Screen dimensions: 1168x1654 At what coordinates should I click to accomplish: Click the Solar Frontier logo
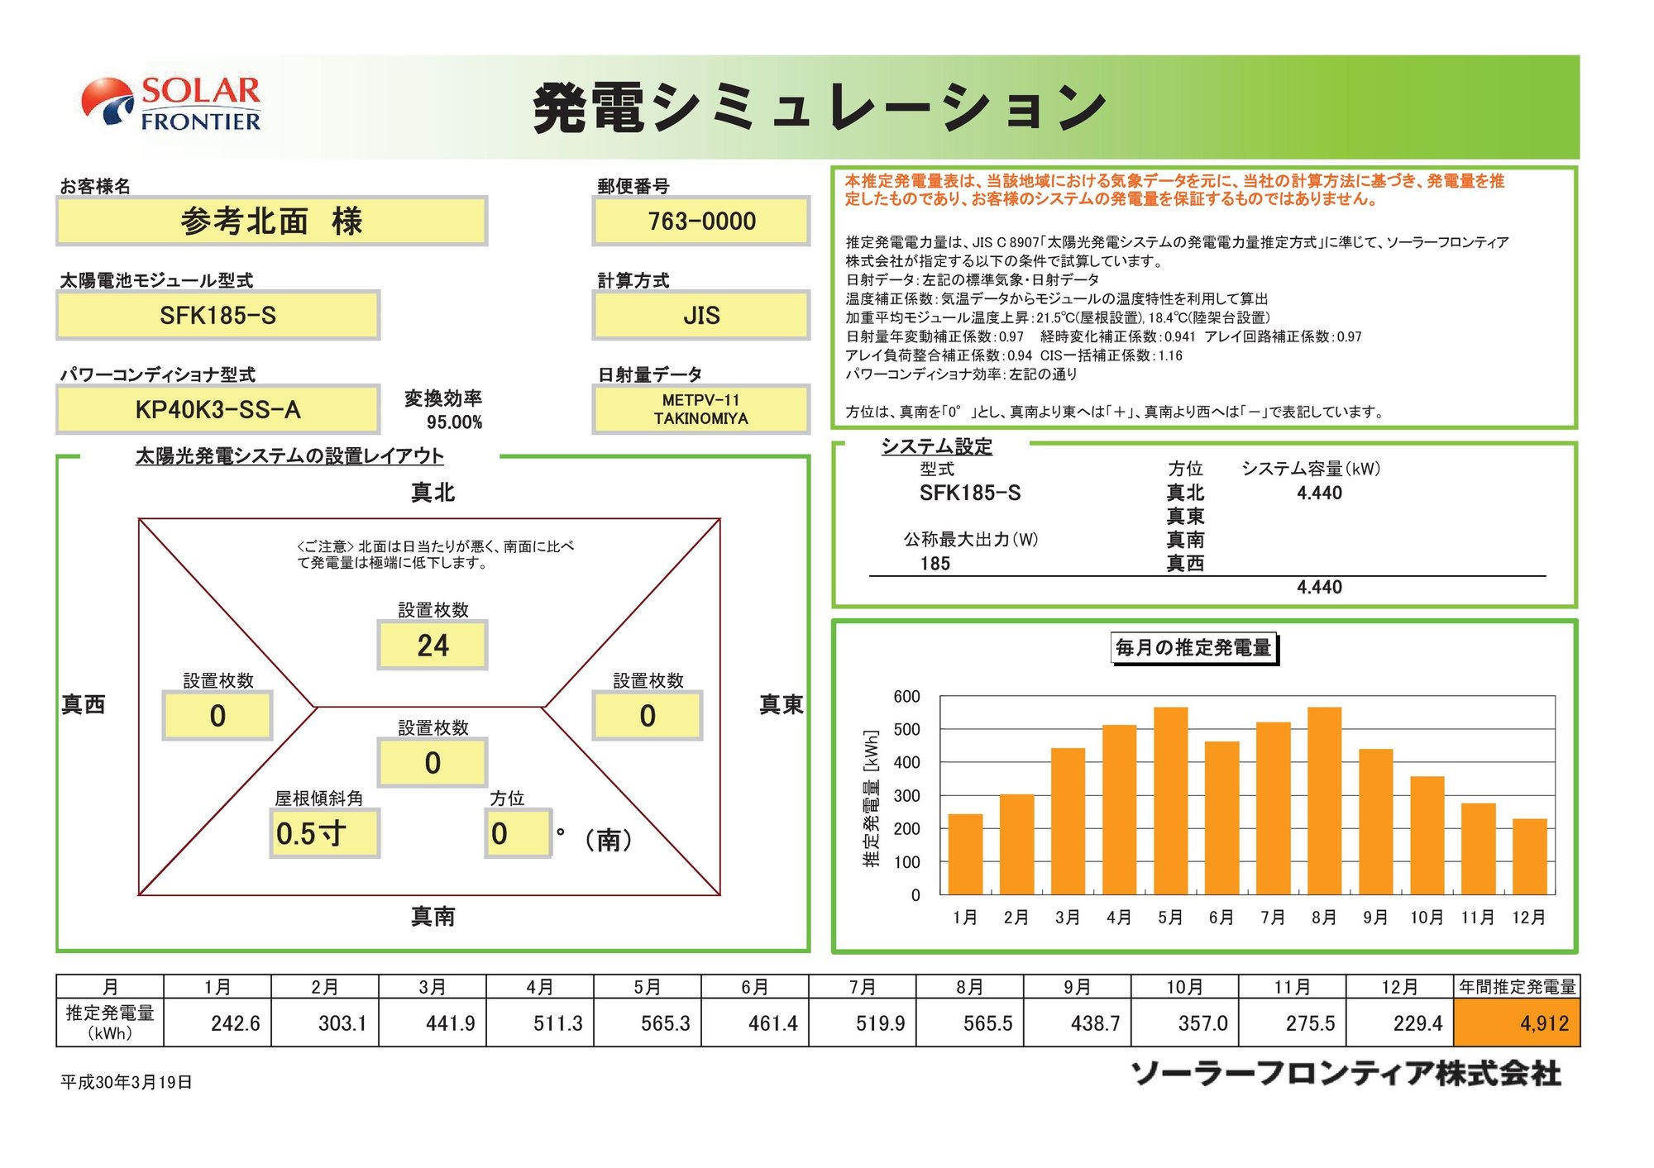[x=172, y=103]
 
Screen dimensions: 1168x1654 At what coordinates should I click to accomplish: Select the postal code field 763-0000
[x=700, y=222]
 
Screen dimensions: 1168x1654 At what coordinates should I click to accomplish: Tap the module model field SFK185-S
[x=218, y=315]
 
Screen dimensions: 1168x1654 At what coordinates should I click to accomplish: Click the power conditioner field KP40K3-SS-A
[x=218, y=409]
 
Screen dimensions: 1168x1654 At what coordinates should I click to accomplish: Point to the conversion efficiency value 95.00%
[x=454, y=422]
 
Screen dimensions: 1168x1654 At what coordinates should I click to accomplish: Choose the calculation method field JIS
[x=700, y=315]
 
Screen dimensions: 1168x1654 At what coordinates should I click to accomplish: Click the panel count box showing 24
[x=433, y=646]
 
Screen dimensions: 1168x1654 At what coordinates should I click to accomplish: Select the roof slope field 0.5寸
[x=324, y=833]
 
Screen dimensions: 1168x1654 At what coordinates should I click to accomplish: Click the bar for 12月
[x=1529, y=856]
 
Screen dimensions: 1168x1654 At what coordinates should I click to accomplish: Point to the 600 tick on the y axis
[x=906, y=697]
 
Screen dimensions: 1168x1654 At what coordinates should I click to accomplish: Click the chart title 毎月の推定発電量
[x=1193, y=648]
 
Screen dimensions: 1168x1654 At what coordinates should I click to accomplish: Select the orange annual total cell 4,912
[x=1517, y=1023]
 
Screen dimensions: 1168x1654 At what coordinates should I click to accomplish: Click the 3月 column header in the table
[x=433, y=987]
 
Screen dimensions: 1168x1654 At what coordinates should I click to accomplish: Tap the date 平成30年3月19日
[x=127, y=1082]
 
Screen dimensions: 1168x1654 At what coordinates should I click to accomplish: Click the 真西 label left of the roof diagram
[x=84, y=704]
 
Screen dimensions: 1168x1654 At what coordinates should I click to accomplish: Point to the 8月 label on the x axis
[x=1323, y=918]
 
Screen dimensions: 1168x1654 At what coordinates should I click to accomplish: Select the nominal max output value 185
[x=935, y=564]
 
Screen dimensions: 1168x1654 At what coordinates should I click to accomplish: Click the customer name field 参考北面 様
[x=271, y=222]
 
